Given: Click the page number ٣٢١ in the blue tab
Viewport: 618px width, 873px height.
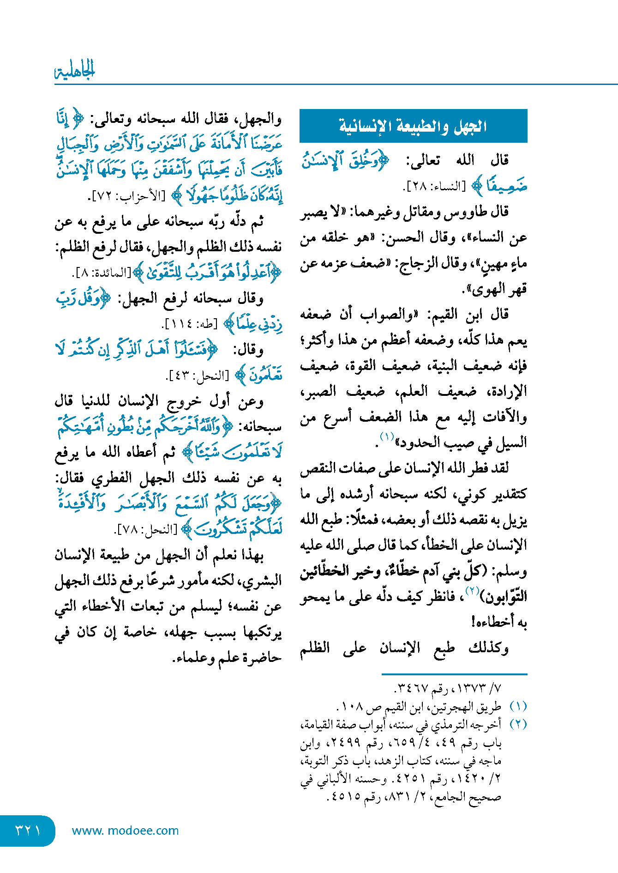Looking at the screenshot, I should pos(28,830).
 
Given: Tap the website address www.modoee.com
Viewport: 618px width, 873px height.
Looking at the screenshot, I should pos(125,831).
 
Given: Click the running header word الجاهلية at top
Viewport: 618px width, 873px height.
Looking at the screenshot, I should pos(75,71).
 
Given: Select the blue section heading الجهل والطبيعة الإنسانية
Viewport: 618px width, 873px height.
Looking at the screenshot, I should pos(413,126).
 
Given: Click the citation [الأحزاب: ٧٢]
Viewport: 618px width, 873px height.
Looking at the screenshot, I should pos(126,196).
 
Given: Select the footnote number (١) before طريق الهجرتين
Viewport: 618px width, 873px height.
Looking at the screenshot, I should pos(518,707).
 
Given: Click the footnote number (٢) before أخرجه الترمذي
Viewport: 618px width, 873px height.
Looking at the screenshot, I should pos(518,724).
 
